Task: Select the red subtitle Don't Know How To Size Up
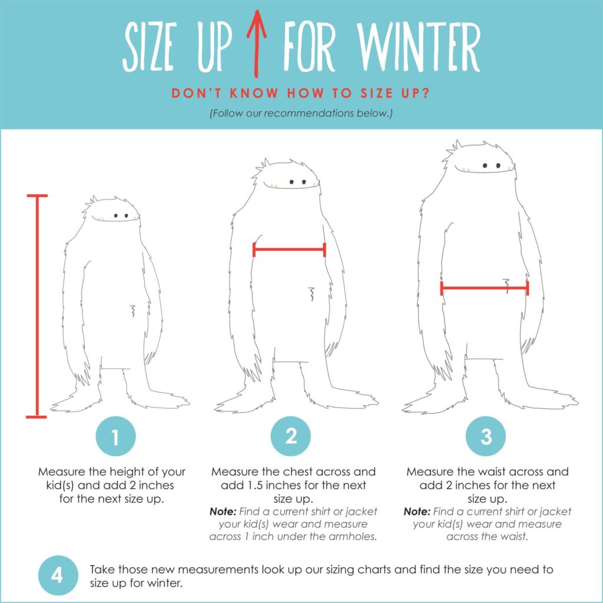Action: point(301,93)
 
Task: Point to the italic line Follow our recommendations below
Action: point(301,113)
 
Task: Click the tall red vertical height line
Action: point(37,306)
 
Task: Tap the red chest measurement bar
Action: point(289,250)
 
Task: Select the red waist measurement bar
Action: point(484,288)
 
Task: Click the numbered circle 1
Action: point(115,437)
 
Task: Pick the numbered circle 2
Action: point(291,437)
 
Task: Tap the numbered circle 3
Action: point(486,437)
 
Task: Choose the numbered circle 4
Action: point(57,575)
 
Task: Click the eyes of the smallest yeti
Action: point(121,216)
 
